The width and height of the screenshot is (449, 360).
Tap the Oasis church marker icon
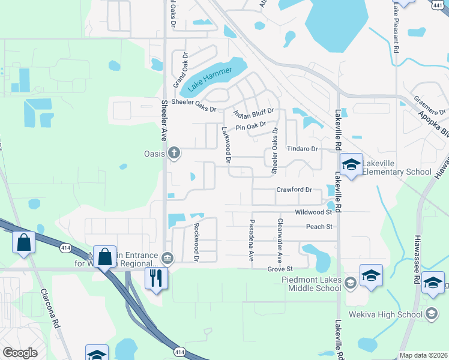(x=174, y=152)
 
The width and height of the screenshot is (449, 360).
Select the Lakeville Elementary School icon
(x=351, y=164)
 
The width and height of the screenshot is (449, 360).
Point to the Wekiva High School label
(x=393, y=314)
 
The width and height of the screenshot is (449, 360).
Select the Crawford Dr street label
(x=294, y=190)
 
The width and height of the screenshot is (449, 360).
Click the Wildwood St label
(x=313, y=212)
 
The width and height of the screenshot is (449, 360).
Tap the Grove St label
(x=280, y=269)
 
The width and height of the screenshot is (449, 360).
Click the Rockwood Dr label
(x=196, y=242)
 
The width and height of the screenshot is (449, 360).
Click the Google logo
(x=20, y=353)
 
